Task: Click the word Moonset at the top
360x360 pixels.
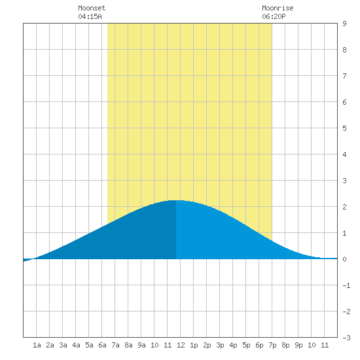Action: (x=92, y=8)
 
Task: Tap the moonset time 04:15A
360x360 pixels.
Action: (x=90, y=16)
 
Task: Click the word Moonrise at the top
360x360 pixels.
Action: (x=278, y=8)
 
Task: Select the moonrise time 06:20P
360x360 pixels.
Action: (x=274, y=16)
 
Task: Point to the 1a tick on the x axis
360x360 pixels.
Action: (x=37, y=345)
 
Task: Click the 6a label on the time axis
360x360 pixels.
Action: (x=102, y=345)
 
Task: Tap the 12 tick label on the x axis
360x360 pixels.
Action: (x=181, y=345)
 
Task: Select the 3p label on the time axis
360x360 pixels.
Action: (x=220, y=346)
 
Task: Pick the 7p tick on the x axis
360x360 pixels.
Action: (x=272, y=346)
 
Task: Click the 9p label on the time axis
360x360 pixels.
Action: (x=298, y=346)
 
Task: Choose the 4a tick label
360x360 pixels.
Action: (x=76, y=345)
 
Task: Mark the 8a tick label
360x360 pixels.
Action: (x=128, y=345)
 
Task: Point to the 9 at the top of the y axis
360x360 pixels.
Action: (x=344, y=24)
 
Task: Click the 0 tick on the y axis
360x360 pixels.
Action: (x=344, y=259)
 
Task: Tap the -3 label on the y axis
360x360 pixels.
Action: (x=346, y=338)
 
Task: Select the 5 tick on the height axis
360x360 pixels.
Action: (x=344, y=128)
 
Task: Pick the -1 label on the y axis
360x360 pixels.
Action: (x=346, y=285)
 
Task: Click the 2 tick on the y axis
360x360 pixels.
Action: (x=344, y=207)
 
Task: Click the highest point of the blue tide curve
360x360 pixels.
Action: (x=176, y=200)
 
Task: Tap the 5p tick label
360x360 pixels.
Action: (x=246, y=346)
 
